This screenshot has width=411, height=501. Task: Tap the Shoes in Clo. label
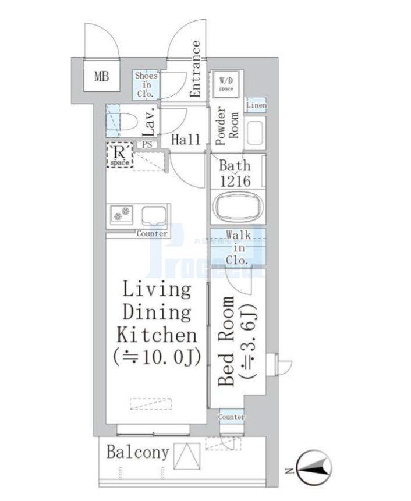pos(146,84)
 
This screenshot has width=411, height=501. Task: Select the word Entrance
pos(196,69)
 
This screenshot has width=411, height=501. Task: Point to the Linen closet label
pos(256,105)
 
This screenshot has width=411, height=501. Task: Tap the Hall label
pos(186,140)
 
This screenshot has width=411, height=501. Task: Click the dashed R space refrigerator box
pos(120,156)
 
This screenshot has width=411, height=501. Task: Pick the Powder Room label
pos(226,122)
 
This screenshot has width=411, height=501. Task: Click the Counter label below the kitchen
pos(152,234)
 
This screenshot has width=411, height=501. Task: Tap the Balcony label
pos(137,453)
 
